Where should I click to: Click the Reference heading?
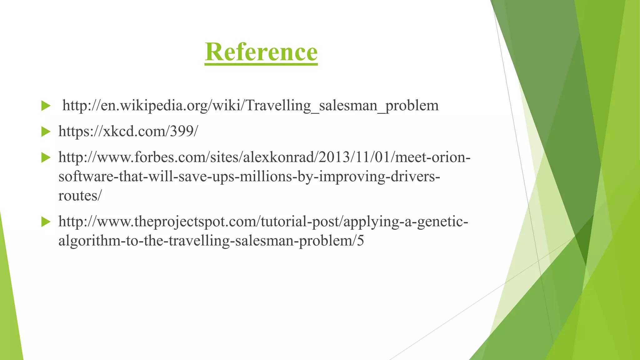tap(261, 52)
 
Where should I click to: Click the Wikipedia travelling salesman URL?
tap(250, 106)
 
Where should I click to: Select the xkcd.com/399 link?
tap(128, 131)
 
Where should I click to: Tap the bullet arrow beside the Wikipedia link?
tap(46, 106)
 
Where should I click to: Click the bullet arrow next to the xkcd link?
tap(46, 132)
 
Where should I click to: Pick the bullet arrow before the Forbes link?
tap(46, 157)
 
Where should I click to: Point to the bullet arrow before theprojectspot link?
tap(46, 222)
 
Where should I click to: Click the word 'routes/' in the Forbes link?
tap(80, 196)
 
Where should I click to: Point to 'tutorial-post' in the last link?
tap(300, 222)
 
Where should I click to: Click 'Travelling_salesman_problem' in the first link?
tap(342, 106)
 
